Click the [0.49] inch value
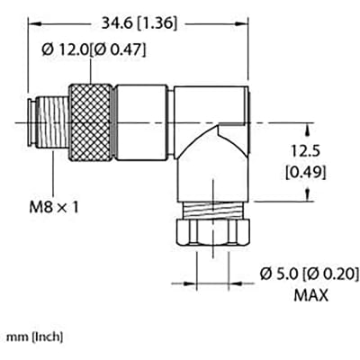click(296, 171)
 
